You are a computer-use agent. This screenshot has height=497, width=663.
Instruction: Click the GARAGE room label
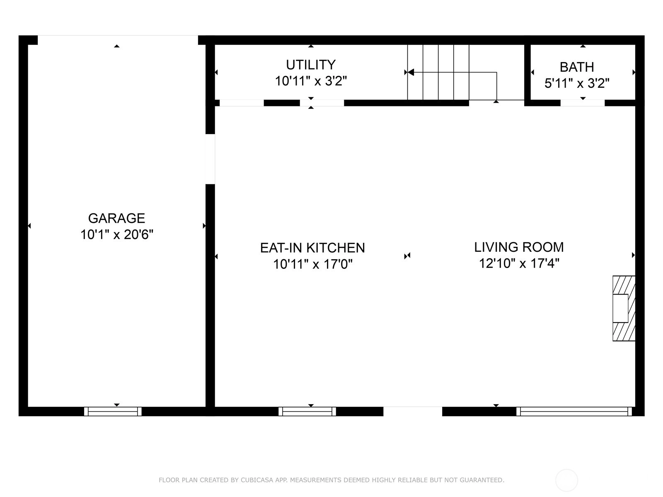116,218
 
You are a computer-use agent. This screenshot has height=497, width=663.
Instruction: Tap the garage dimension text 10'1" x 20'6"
116,234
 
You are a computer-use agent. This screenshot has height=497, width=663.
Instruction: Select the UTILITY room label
310,65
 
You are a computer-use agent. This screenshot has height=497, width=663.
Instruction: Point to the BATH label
577,67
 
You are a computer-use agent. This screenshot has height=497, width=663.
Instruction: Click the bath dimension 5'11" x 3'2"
577,83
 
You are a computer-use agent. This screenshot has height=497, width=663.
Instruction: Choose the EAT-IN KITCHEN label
312,248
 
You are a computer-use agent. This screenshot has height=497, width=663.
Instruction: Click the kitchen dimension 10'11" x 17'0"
312,264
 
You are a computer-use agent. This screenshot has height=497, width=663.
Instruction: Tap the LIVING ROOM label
519,247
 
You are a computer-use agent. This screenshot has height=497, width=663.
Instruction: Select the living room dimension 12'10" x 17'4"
519,263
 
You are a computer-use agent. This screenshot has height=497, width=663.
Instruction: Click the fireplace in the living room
624,308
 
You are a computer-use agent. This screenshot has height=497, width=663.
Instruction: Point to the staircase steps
438,72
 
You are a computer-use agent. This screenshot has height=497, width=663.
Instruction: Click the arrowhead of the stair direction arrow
411,72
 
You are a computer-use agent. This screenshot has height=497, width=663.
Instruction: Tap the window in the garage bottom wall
113,411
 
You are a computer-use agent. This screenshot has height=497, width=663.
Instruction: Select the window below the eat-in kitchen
307,411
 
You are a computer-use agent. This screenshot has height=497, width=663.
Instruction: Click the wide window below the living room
574,411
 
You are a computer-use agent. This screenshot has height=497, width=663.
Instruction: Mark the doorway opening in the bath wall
583,103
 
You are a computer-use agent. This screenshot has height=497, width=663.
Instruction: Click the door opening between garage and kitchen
210,159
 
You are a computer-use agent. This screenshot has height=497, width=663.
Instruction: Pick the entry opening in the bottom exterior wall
413,411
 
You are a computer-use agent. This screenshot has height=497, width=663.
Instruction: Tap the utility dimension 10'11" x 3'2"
311,81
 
